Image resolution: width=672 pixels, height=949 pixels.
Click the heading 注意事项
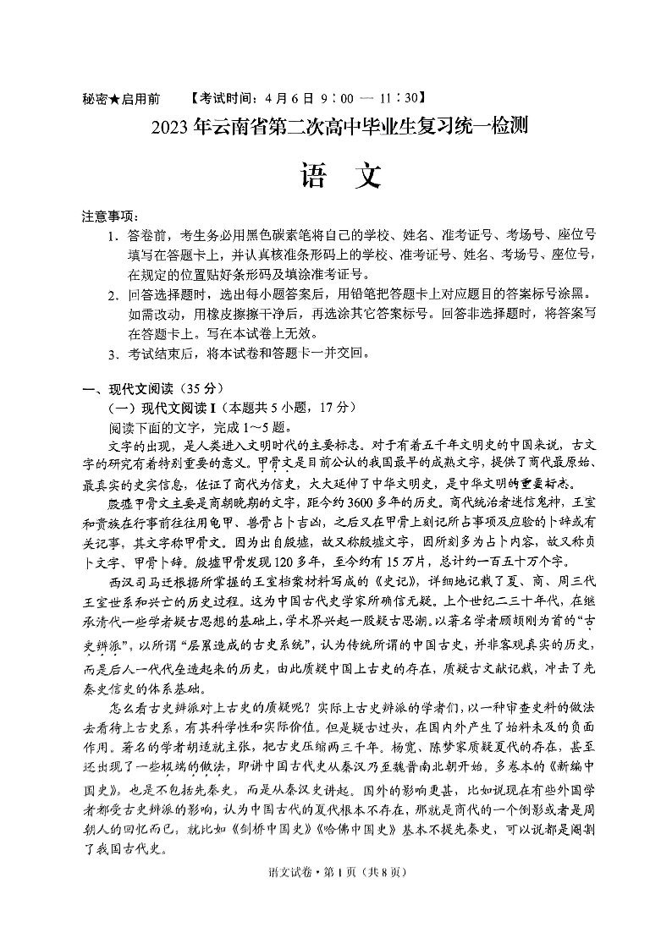coord(110,217)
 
